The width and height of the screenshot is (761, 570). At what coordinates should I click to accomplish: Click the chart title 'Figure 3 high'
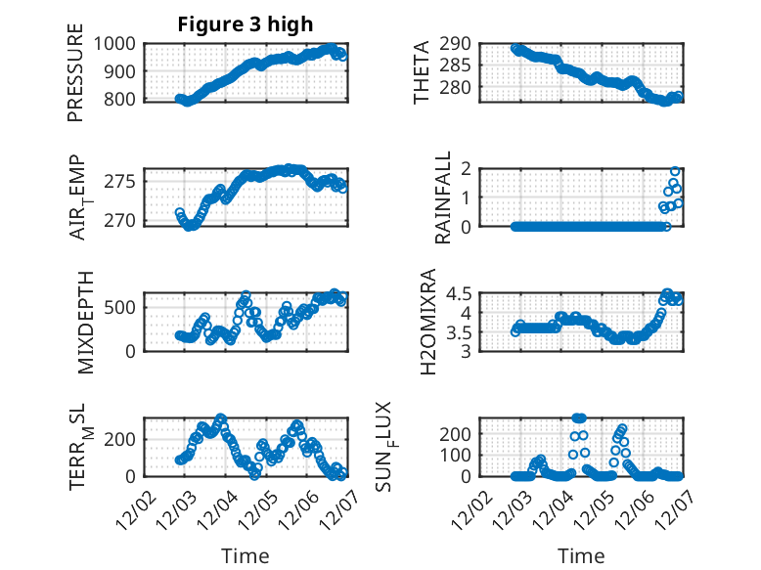coord(245,24)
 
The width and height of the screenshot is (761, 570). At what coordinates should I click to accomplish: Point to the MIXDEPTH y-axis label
coord(85,322)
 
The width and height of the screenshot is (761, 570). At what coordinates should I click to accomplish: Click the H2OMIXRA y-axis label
coord(427,322)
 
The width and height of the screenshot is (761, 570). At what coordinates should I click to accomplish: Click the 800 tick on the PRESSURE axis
coord(124,100)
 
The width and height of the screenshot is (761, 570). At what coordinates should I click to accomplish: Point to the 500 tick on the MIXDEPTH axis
coord(124,307)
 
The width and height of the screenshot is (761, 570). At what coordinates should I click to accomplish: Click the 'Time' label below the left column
coord(245,556)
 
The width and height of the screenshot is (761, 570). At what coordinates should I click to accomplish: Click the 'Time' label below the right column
coord(581,556)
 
